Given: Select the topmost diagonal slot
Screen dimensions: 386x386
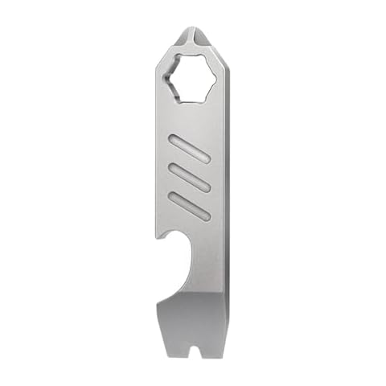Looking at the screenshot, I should [x=191, y=150].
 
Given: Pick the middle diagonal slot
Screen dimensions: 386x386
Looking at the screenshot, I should [x=191, y=179].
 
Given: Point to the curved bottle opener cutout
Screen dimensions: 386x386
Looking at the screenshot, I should [x=178, y=266].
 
